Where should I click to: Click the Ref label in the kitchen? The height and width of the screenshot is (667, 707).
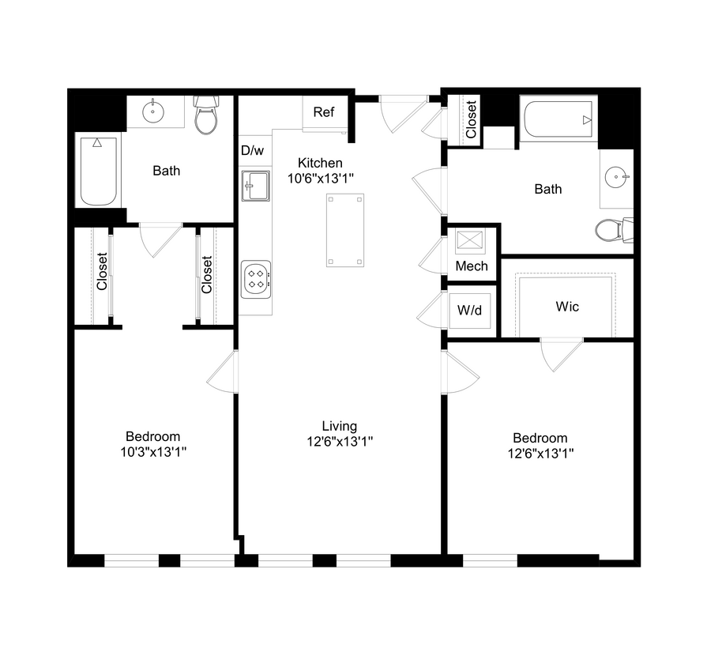[324, 112]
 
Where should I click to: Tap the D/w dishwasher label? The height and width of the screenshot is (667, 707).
[252, 150]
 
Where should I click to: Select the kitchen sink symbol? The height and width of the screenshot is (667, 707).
[255, 186]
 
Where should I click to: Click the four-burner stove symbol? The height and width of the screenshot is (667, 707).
[256, 278]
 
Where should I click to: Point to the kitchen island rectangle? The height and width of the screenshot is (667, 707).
[345, 230]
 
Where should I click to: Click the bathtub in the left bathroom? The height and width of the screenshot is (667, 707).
[97, 169]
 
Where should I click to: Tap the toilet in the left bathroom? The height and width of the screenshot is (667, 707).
[206, 116]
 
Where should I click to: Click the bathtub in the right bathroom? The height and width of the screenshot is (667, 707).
[558, 120]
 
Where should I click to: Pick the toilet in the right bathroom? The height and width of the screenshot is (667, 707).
[611, 230]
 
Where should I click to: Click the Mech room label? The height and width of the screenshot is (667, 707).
[472, 266]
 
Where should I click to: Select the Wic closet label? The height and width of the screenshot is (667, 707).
[567, 306]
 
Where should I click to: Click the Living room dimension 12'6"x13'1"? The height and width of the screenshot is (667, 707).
[340, 443]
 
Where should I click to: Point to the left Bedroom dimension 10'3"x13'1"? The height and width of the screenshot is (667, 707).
[153, 451]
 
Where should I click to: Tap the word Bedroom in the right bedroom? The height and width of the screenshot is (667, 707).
[540, 438]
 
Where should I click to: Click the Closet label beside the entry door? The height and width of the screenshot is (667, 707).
[471, 119]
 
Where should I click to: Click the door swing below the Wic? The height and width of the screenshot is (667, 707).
[562, 353]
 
